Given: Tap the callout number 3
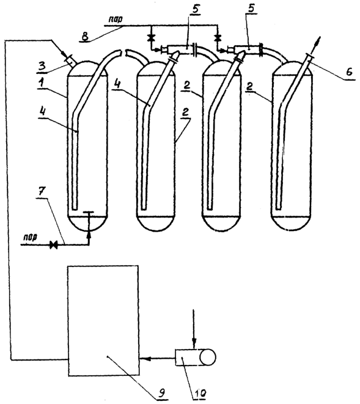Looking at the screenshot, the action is (x=42, y=65).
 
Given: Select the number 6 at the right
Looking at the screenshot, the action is (x=349, y=72).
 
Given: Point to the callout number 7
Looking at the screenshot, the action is (x=42, y=192).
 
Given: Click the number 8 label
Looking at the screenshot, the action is (x=85, y=36).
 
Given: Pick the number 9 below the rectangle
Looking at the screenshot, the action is (x=161, y=392).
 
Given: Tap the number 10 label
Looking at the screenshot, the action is (x=200, y=392).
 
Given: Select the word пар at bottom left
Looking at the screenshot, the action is (x=30, y=237).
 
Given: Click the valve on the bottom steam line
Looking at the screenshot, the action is (x=54, y=244).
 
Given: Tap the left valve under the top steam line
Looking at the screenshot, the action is (x=150, y=38).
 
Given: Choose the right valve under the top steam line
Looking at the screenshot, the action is (x=219, y=38).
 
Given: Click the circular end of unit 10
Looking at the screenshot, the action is (x=208, y=358).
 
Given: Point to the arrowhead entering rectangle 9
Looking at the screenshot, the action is (x=144, y=358).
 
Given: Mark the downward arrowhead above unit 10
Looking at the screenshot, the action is (x=194, y=344).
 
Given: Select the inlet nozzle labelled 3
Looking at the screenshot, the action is (x=69, y=61).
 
